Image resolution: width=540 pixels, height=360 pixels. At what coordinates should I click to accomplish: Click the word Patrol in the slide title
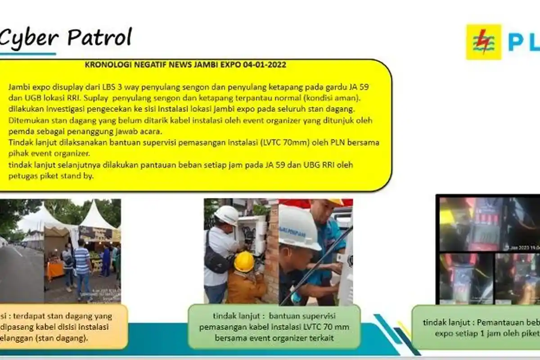coord(100,38)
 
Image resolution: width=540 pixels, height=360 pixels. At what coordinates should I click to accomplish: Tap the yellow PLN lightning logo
coord(483,42)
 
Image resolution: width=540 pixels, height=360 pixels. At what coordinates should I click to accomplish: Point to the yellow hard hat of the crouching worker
coord(244,261)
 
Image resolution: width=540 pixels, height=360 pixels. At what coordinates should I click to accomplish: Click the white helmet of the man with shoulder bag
coord(226,215)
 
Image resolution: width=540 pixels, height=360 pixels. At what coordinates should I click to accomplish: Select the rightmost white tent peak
coord(98,211)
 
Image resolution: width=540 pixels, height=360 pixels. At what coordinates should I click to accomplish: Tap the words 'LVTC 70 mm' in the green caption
coord(328,327)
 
